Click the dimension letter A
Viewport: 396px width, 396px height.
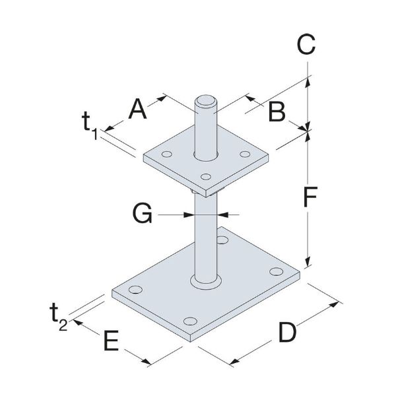click(137, 108)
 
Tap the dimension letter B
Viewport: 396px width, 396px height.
click(277, 112)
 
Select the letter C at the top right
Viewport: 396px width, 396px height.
click(305, 45)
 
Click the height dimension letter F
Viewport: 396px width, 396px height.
click(307, 197)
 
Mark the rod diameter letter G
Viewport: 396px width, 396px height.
click(142, 213)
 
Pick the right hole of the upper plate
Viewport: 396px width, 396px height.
click(245, 154)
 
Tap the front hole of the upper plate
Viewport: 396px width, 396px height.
click(206, 176)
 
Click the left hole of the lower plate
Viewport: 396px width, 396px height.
click(136, 289)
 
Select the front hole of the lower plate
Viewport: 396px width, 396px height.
click(192, 321)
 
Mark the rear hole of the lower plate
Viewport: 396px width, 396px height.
click(222, 240)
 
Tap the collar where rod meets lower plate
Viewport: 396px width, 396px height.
click(205, 282)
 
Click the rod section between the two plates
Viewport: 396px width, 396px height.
click(205, 231)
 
